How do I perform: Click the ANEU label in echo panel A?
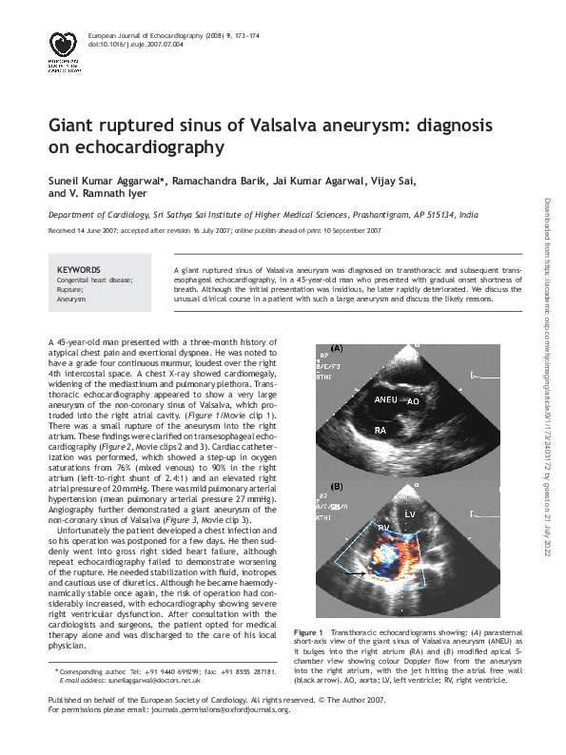coord(386,400)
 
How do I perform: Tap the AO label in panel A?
coord(413,402)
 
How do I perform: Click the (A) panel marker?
coord(337,347)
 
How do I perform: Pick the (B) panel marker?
coord(337,487)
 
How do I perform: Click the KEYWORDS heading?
coord(78,270)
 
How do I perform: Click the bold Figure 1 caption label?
coord(309,632)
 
